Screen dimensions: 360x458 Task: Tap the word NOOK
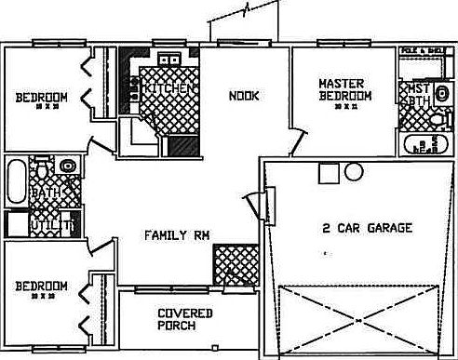pyautogui.click(x=244, y=94)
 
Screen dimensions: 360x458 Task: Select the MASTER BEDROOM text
pyautogui.click(x=344, y=88)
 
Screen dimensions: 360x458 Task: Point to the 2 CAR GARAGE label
pyautogui.click(x=366, y=227)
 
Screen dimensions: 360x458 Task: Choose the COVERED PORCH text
pyautogui.click(x=183, y=319)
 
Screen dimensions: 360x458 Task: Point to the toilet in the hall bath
pyautogui.click(x=66, y=167)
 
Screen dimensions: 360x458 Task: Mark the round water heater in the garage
pyautogui.click(x=352, y=172)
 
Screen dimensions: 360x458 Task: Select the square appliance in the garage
pyautogui.click(x=326, y=173)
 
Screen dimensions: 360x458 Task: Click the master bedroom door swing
pyautogui.click(x=296, y=141)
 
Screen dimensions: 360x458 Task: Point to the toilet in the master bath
pyautogui.click(x=440, y=120)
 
